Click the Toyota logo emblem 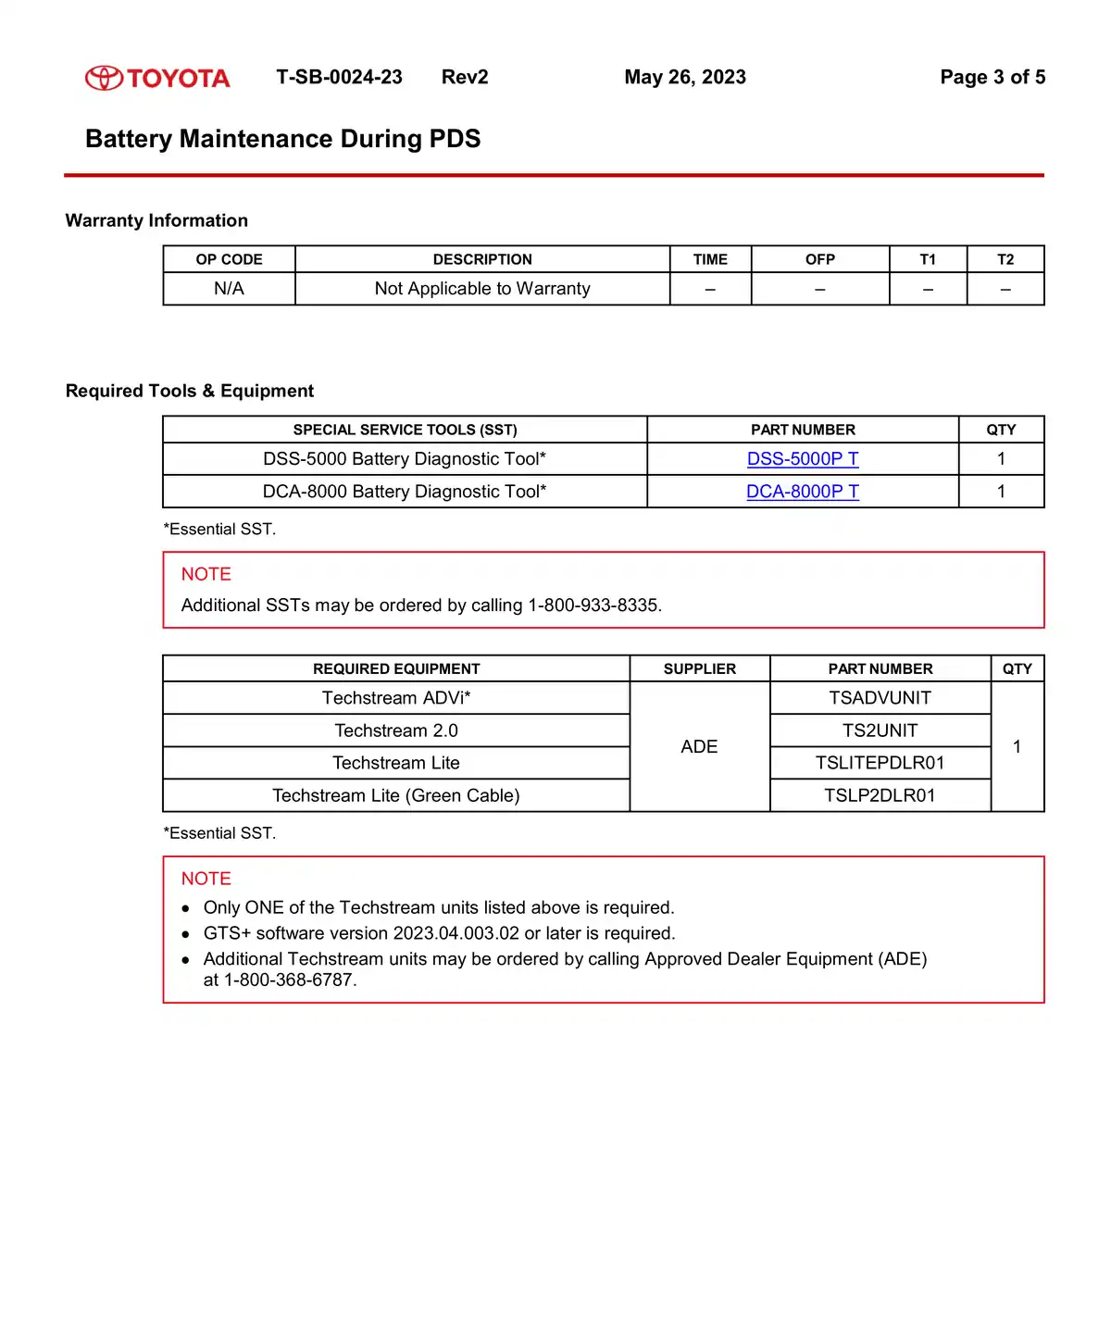click(104, 78)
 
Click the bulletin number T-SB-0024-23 click(339, 77)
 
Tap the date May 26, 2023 click(685, 77)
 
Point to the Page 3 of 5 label click(992, 77)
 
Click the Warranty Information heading click(156, 220)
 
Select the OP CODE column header click(229, 259)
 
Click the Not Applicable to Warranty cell click(482, 289)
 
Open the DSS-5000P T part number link click(803, 459)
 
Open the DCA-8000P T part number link click(803, 492)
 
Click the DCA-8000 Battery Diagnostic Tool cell click(405, 492)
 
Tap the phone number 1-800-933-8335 click(593, 605)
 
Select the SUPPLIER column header click(700, 668)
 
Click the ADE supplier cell click(699, 747)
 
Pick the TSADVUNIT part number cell click(880, 698)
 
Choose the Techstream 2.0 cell click(396, 730)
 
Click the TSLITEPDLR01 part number click(880, 763)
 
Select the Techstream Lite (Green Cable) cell click(396, 795)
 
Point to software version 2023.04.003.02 click(456, 933)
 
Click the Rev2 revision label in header click(465, 77)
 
